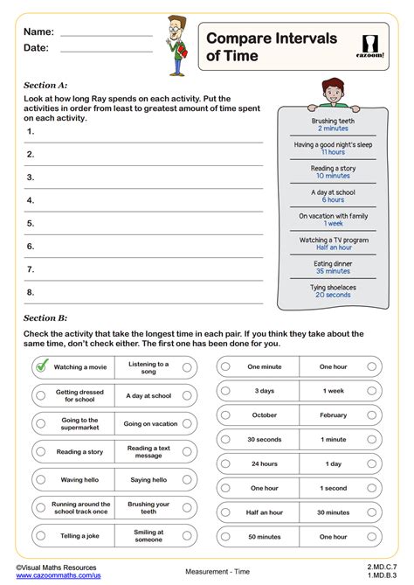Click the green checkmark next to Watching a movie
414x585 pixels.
click(41, 367)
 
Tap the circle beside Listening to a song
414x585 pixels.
click(187, 368)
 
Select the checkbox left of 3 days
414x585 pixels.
click(225, 391)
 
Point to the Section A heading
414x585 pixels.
click(45, 85)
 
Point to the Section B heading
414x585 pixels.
click(45, 318)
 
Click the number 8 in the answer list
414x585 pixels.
click(31, 292)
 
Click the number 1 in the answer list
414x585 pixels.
click(31, 132)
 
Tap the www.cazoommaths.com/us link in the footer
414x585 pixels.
click(59, 576)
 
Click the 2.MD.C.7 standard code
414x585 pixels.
click(379, 567)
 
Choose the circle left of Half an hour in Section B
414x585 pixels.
click(225, 513)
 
